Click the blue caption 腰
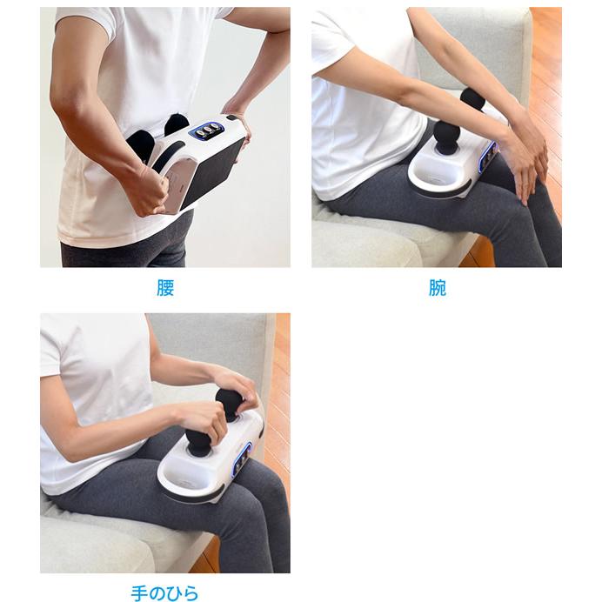165,288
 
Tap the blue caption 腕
438,288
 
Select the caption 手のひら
164,592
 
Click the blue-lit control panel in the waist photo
207,130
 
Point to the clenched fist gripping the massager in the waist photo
148,190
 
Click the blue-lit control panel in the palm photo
243,458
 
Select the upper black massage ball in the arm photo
472,99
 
